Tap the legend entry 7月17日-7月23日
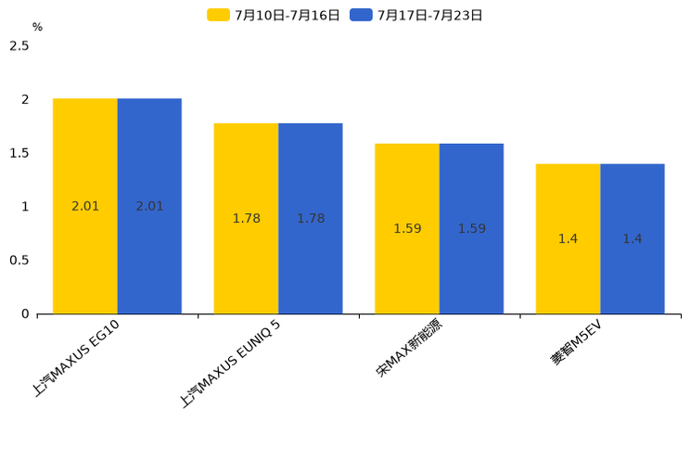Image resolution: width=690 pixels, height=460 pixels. coord(418,15)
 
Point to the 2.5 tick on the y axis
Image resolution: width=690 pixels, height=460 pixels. coord(19,46)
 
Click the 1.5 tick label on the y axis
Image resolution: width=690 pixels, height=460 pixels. coord(19,153)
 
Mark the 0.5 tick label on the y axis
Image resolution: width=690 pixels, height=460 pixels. coord(19,261)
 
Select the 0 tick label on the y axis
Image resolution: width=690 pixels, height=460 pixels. coord(25,314)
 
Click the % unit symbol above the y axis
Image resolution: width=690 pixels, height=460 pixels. coord(37,27)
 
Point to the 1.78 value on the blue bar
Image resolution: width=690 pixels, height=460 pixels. coord(311,219)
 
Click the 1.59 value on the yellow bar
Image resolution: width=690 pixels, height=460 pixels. coord(407,229)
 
